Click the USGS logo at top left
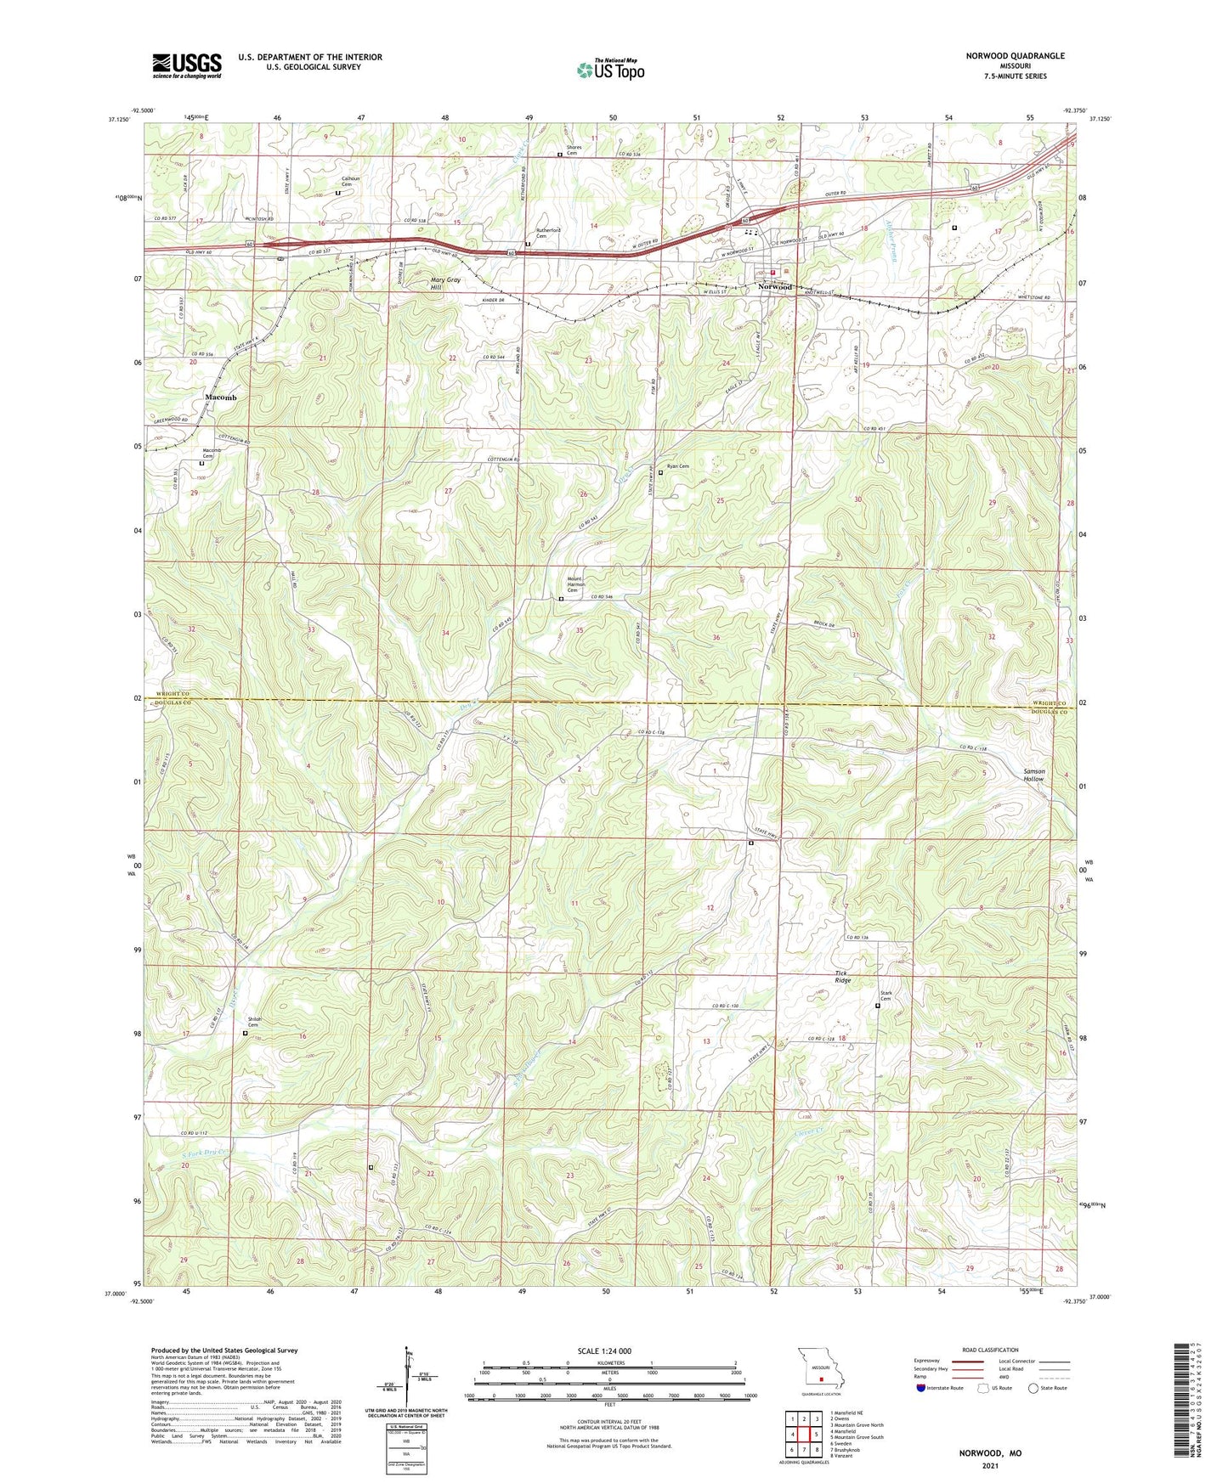tap(187, 65)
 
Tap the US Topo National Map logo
tap(610, 70)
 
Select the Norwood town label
tap(775, 287)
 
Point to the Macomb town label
tap(220, 398)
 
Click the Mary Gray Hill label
tap(445, 284)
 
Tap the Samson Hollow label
tap(1033, 775)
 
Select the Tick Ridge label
tap(842, 977)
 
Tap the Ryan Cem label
tap(677, 466)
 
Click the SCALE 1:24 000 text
tap(603, 1350)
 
